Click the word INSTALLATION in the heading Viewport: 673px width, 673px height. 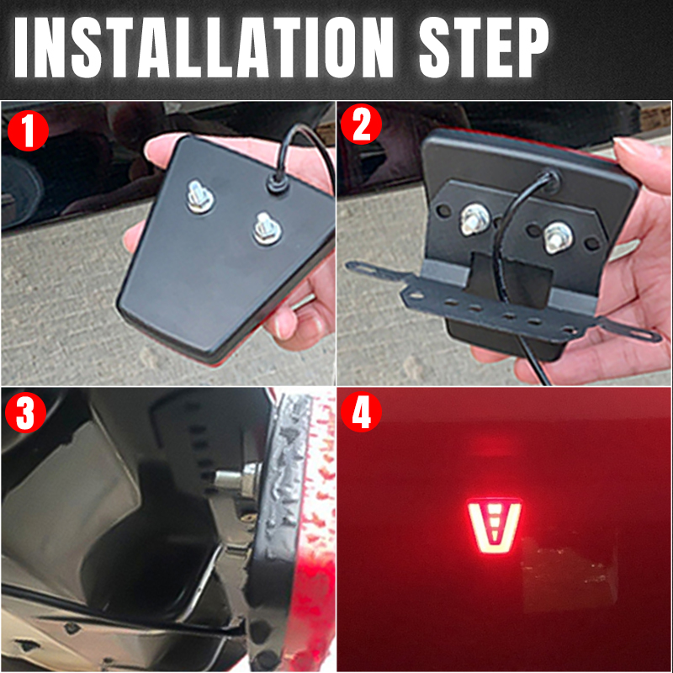point(204,47)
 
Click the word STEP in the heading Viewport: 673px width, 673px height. point(484,47)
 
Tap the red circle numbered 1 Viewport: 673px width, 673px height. point(28,130)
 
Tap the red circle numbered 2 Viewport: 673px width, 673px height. point(361,125)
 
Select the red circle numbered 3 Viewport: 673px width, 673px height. point(25,412)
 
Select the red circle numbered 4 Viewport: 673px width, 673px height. point(361,411)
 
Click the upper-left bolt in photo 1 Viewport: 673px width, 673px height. point(200,197)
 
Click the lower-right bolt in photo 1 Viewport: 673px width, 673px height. point(266,229)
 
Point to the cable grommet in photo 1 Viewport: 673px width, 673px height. point(278,183)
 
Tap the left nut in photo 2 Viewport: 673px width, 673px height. point(475,220)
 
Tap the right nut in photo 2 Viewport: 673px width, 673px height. point(557,237)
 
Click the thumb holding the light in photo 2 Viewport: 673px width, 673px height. point(639,165)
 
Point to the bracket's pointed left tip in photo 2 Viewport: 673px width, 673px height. point(347,265)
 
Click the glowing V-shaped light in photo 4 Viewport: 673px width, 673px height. point(494,525)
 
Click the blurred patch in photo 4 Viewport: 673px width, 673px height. point(570,567)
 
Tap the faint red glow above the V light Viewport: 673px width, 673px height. point(493,447)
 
